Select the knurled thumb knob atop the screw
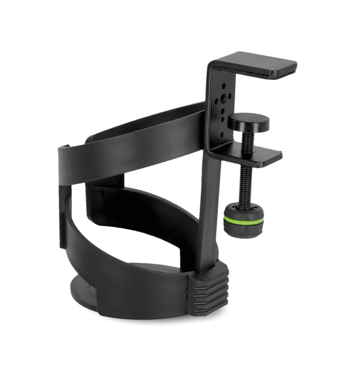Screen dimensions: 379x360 [x=248, y=120]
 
